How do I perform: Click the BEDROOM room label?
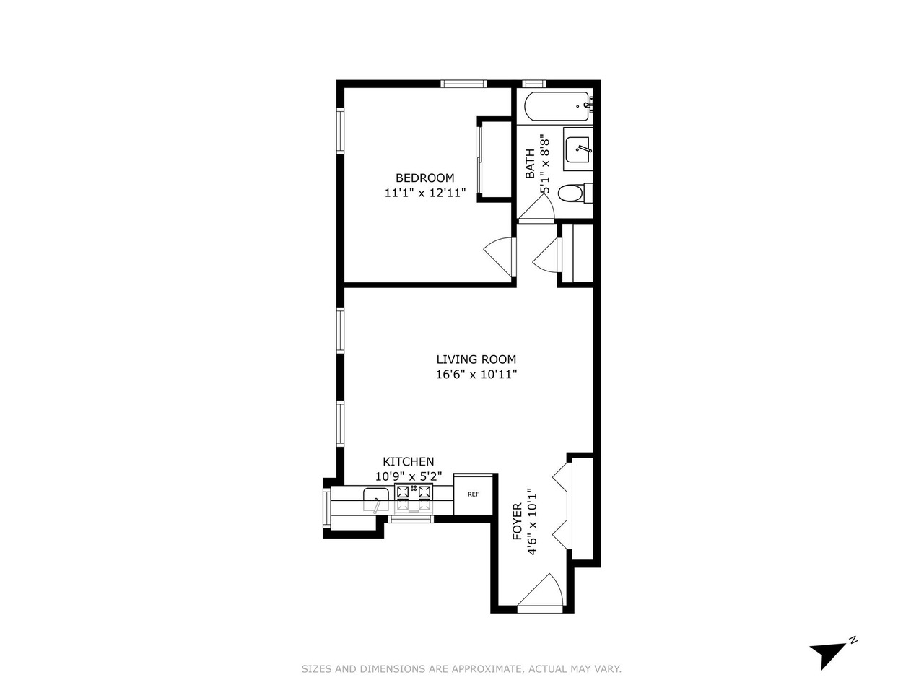coord(424,178)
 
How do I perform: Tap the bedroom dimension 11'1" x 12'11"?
coord(424,193)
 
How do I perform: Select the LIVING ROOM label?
coord(476,359)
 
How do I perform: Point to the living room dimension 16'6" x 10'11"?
coord(476,374)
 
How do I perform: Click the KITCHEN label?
coord(408,461)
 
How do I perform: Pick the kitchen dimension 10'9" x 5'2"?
coord(408,476)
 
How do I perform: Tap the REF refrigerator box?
coord(474,494)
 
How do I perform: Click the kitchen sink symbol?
coord(375,499)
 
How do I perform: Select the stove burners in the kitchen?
coord(414,493)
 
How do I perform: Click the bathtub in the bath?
coord(557,108)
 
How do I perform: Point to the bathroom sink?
coord(577,149)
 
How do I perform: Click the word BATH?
coord(531,164)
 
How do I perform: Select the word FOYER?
coord(518,522)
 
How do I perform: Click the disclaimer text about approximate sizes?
coord(461,669)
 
